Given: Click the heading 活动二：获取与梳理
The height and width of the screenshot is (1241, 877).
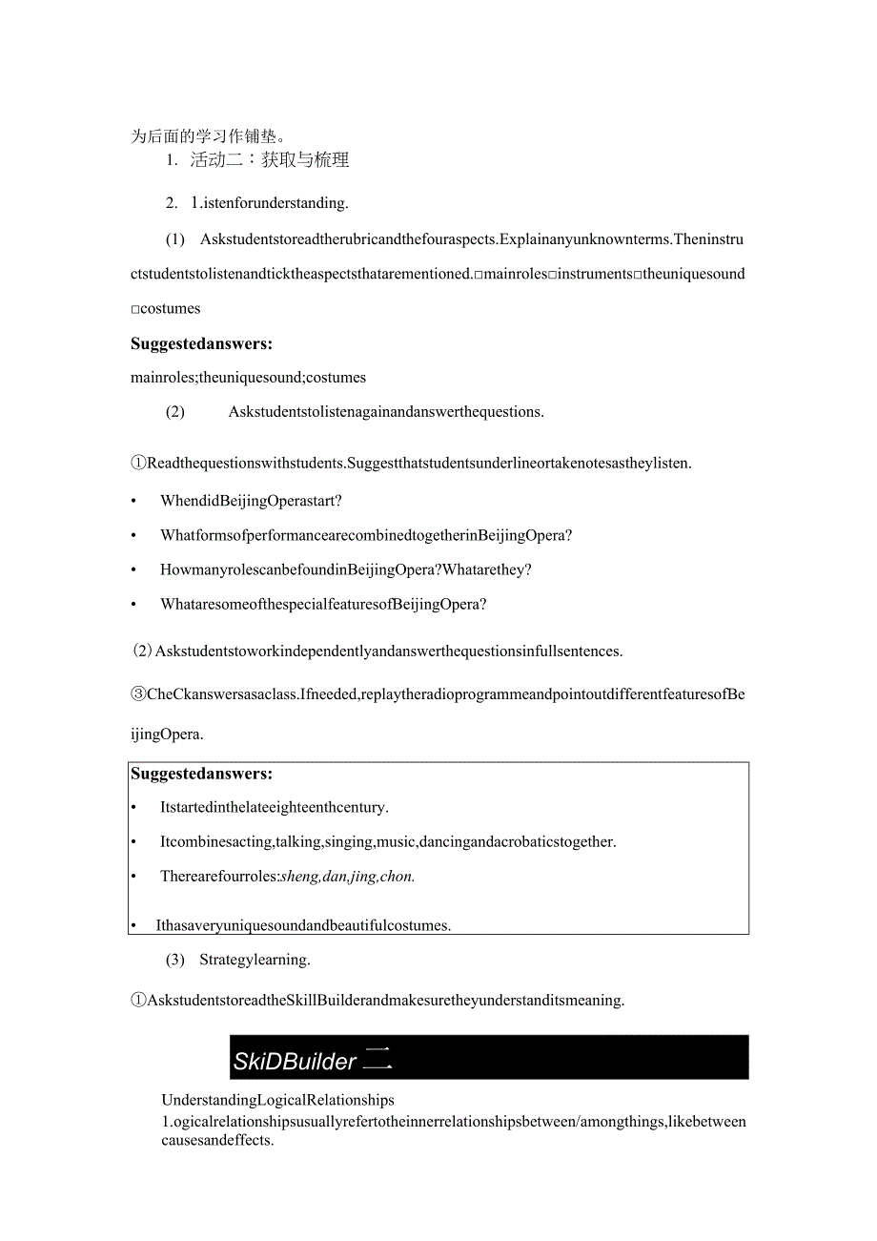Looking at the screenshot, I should (269, 160).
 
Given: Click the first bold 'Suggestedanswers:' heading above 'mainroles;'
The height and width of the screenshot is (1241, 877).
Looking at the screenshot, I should (201, 343).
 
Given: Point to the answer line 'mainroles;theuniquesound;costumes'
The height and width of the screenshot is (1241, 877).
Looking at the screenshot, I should (248, 378).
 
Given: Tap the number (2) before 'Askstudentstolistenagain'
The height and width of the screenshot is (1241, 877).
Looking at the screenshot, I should (175, 412).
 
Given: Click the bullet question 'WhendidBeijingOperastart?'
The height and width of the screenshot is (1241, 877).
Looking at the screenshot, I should (251, 501).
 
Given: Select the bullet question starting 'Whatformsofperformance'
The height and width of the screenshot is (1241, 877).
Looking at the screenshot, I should (366, 535).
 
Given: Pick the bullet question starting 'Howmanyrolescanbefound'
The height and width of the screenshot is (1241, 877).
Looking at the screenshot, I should (346, 569).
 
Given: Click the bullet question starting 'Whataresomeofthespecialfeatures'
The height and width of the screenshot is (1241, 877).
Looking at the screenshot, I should (324, 604).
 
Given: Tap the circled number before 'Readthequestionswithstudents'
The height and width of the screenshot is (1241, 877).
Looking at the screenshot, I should (138, 464).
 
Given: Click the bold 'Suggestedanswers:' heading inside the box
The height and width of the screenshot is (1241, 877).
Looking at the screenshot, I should (201, 774).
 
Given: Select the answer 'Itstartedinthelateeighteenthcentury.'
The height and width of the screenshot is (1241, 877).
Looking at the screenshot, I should (275, 807).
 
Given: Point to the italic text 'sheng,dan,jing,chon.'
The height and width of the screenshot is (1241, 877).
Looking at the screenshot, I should (348, 877).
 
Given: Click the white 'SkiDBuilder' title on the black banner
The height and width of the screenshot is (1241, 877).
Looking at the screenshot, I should (295, 1061).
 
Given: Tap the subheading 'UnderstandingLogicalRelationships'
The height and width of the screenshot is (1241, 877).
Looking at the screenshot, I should (277, 1101).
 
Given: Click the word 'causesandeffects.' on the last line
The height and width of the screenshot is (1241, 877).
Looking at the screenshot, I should (217, 1140).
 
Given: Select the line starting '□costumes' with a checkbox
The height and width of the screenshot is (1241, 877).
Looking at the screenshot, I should (166, 309).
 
